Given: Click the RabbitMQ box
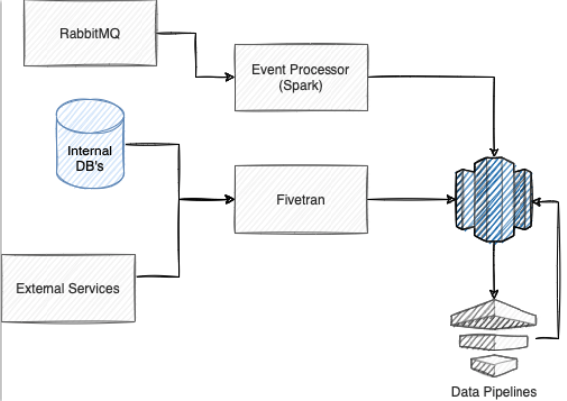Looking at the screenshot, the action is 90,33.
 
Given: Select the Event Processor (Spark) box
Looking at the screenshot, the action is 301,77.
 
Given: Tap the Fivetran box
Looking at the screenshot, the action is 301,199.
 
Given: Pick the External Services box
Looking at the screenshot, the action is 68,288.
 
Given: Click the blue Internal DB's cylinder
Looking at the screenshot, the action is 90,144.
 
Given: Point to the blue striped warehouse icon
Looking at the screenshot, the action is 494,199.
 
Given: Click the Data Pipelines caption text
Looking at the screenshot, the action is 494,392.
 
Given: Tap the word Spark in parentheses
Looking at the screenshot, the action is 301,85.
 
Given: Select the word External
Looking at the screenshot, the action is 41,288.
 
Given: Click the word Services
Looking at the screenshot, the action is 94,288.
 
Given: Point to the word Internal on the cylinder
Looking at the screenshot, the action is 90,150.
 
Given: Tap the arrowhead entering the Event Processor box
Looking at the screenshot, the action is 230,77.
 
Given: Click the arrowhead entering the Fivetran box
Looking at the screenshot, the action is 230,199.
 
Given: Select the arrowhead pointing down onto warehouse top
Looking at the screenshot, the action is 494,152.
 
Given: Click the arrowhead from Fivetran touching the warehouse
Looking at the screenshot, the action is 451,199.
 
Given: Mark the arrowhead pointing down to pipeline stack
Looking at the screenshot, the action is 494,294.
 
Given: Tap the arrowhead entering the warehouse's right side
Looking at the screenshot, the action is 537,202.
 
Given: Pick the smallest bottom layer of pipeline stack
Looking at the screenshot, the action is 494,366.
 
